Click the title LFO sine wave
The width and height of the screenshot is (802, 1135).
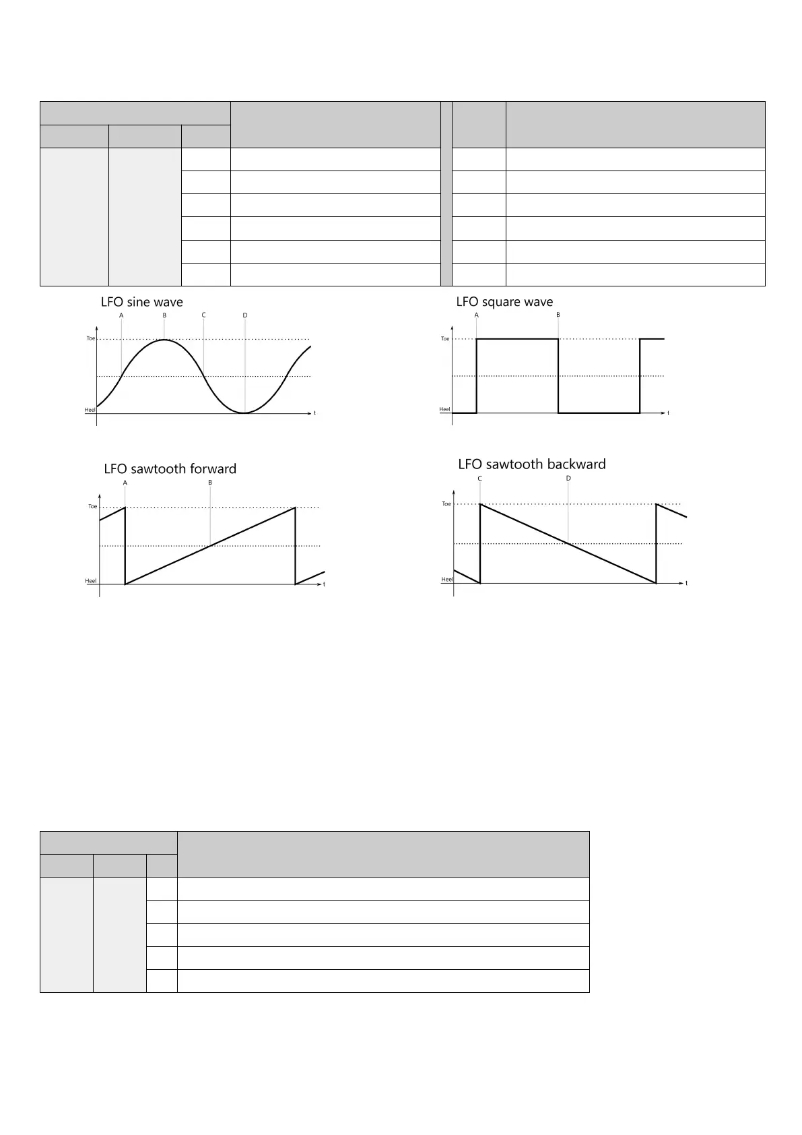tap(142, 302)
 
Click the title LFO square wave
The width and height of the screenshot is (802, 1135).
tap(504, 302)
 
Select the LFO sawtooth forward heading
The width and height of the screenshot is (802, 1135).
tap(170, 469)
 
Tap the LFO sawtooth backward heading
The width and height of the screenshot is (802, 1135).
tap(532, 464)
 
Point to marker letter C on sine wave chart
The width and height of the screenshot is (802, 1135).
tap(203, 315)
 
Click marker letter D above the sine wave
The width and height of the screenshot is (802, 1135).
tap(245, 315)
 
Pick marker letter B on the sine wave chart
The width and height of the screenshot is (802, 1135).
tap(164, 315)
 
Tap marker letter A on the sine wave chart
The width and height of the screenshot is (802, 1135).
tap(121, 315)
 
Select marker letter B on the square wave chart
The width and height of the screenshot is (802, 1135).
tap(558, 315)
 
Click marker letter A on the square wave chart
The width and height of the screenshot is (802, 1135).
tap(477, 315)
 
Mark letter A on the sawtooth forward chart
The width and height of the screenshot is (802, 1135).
tap(125, 483)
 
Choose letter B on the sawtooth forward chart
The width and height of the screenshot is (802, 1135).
tap(210, 483)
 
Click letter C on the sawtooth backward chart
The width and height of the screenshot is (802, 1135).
tap(480, 479)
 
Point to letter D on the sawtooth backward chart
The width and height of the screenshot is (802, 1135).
tap(568, 479)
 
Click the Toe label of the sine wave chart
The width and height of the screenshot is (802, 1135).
tap(91, 339)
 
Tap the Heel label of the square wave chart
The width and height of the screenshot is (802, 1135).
tap(444, 409)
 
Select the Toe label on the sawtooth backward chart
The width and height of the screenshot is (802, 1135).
tap(446, 504)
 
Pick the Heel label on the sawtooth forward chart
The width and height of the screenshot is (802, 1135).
tap(91, 581)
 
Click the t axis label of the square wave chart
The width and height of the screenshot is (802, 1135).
tap(668, 413)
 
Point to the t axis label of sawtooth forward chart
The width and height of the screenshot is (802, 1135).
tap(325, 584)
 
